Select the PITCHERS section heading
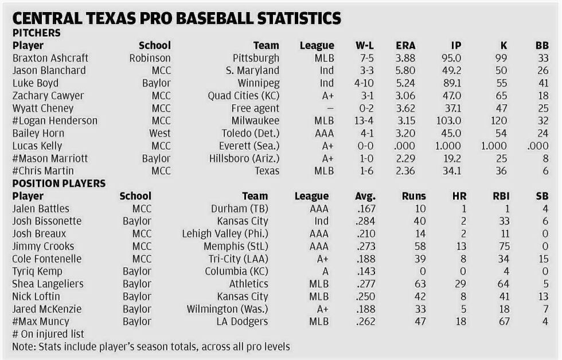[37, 33]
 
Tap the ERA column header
[405, 45]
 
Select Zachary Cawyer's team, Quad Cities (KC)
[244, 96]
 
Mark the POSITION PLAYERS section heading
[58, 183]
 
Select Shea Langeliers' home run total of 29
[459, 284]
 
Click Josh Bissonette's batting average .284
[365, 221]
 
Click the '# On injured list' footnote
[48, 334]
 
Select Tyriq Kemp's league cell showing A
[325, 271]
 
